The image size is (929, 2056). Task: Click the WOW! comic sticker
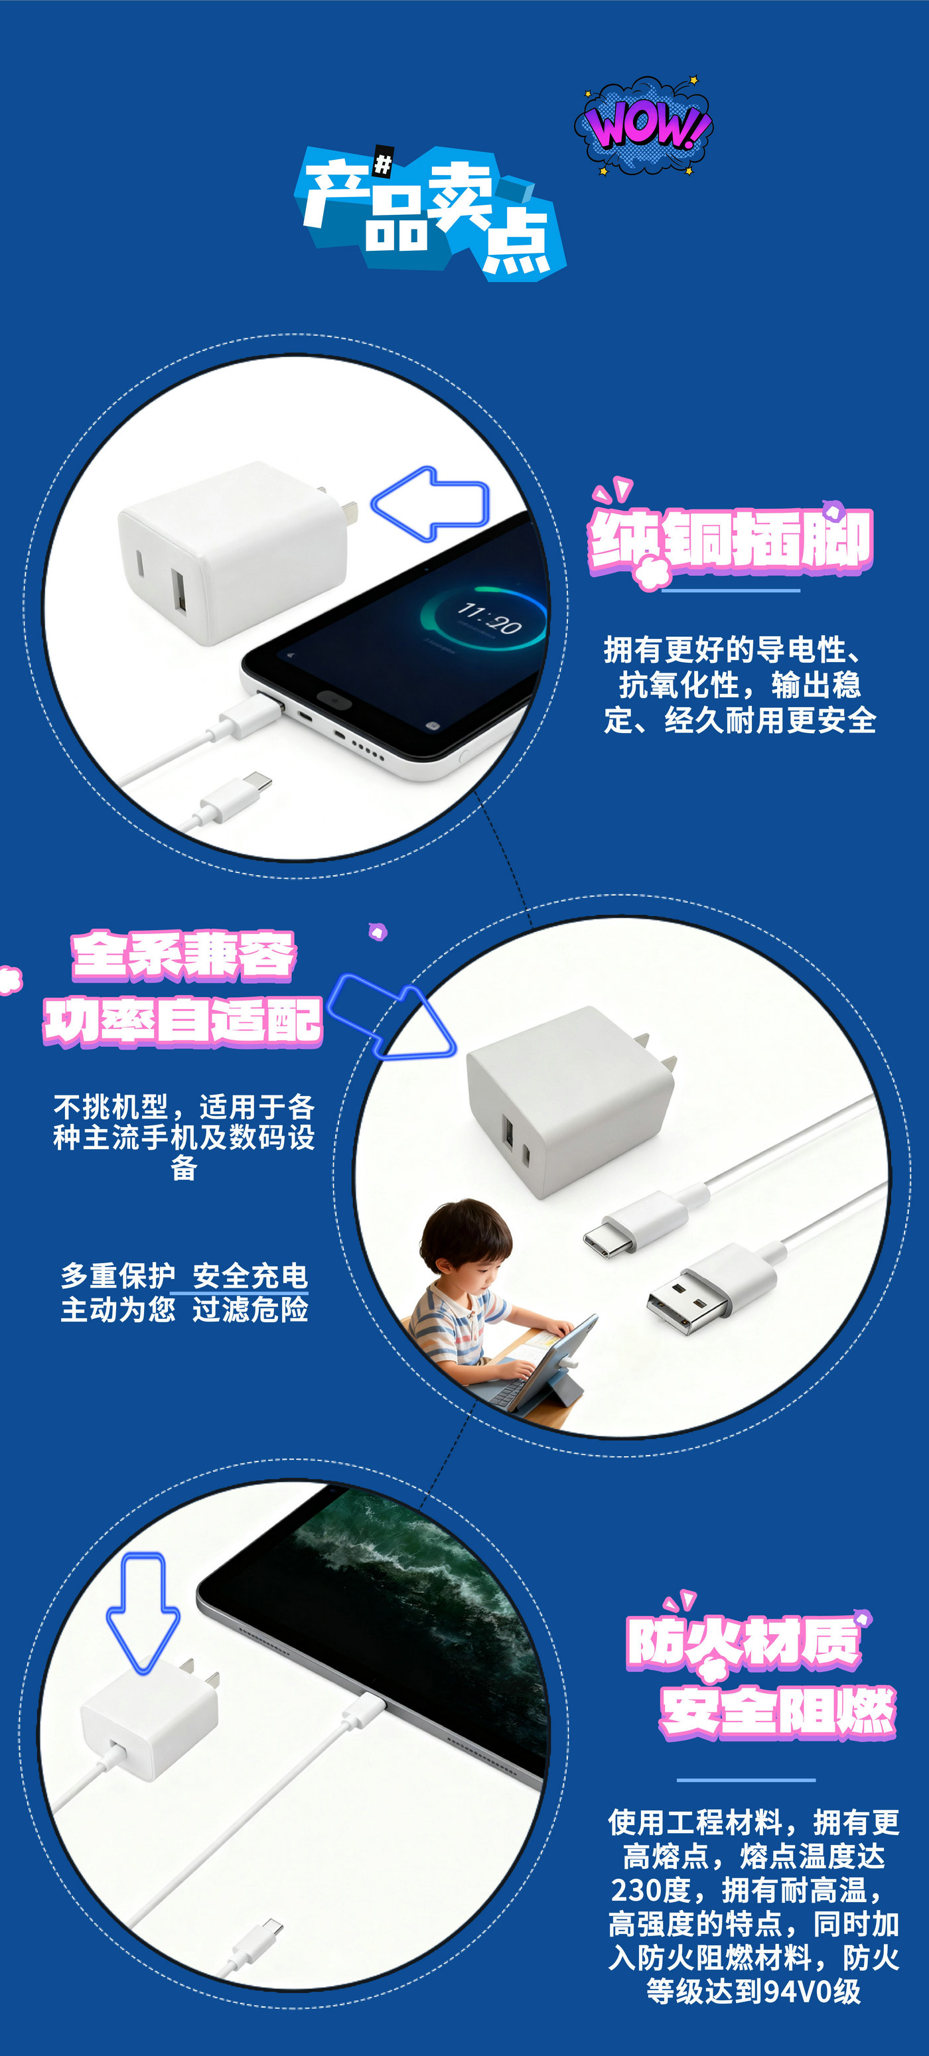[x=645, y=125]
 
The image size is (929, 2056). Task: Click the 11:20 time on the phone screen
[x=488, y=618]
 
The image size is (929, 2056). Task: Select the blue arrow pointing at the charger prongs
[x=431, y=504]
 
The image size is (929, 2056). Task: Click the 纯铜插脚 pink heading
[x=731, y=540]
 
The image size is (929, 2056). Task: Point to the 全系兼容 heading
[x=184, y=955]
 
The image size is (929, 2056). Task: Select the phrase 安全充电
[x=250, y=1275]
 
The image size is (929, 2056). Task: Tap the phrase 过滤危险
[x=250, y=1309]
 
